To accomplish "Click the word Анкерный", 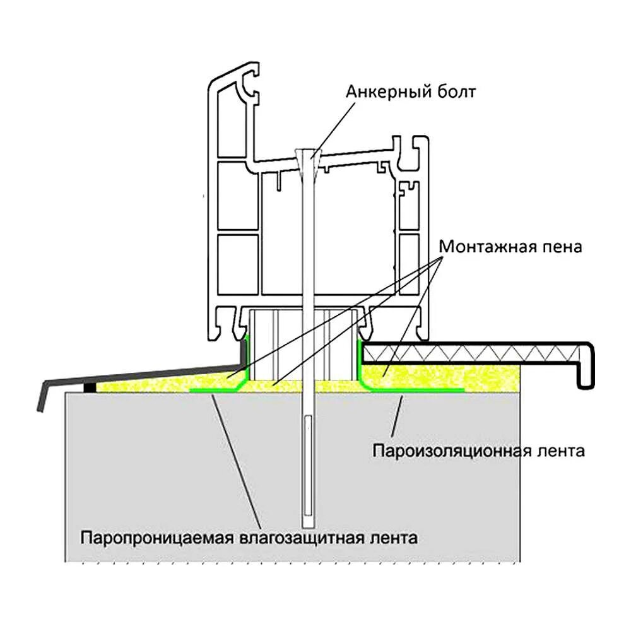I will (384, 91).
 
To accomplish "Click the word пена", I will (562, 246).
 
